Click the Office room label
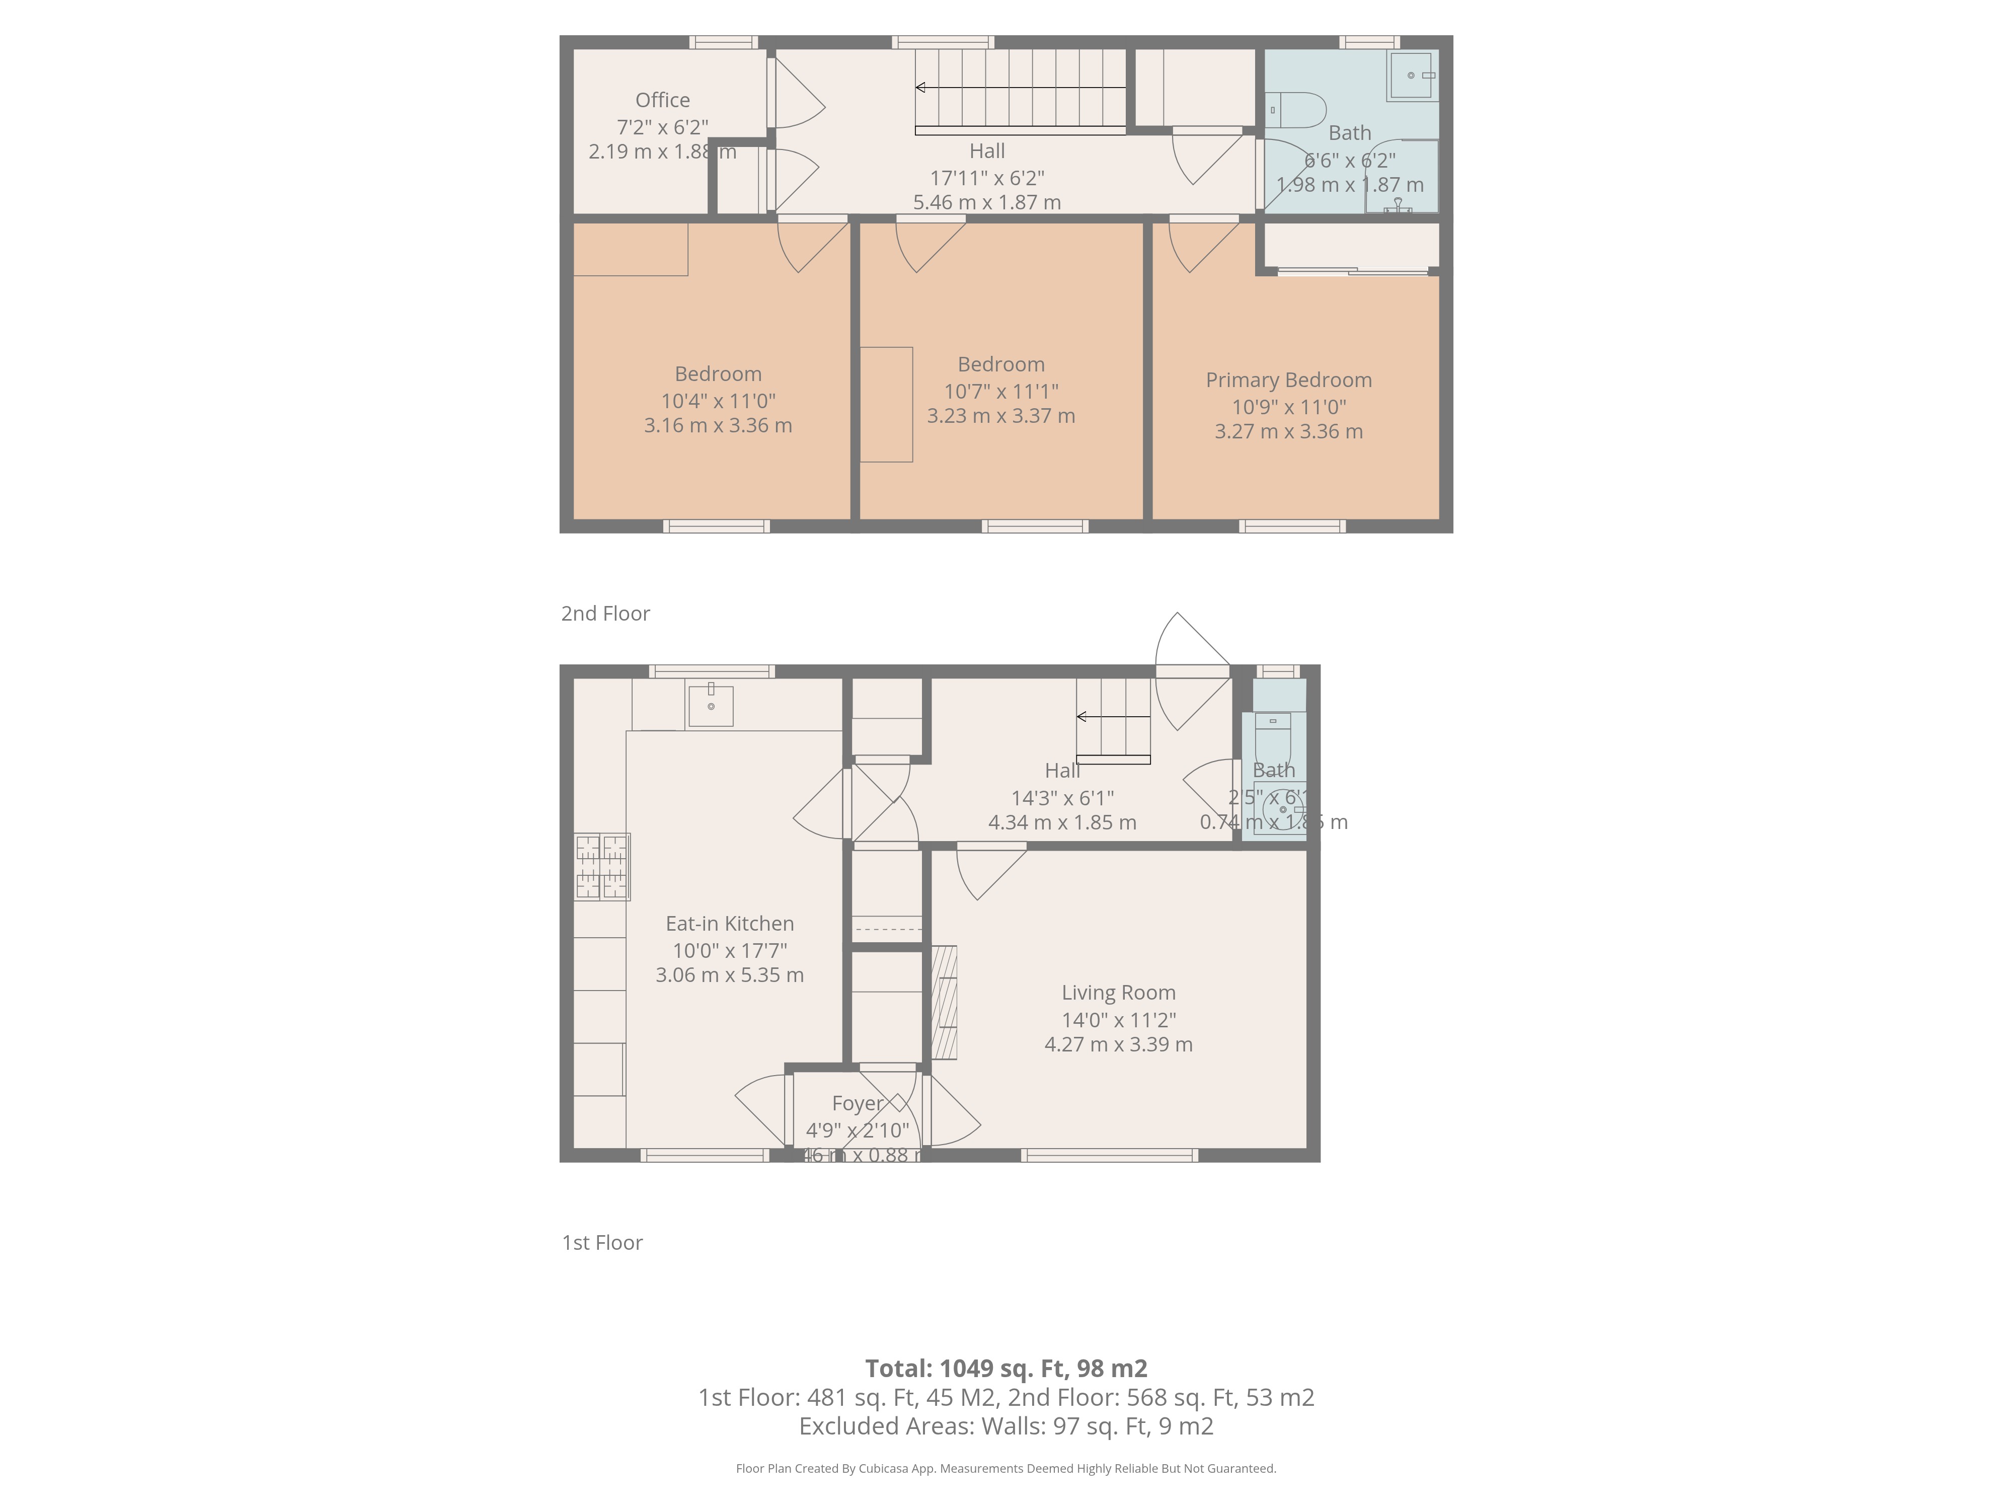[662, 100]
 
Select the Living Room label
[1118, 993]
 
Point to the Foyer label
[857, 1103]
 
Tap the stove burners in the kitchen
[601, 867]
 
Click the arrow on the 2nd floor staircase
[921, 88]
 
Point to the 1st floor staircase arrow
[1082, 717]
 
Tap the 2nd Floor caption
[605, 614]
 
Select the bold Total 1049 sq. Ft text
[1005, 1368]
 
